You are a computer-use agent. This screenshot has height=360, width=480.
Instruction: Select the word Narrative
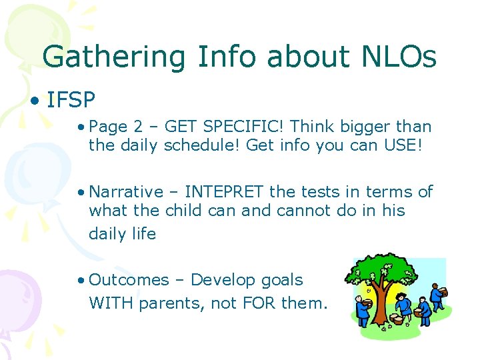(x=126, y=192)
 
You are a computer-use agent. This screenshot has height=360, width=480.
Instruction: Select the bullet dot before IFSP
(x=33, y=101)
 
